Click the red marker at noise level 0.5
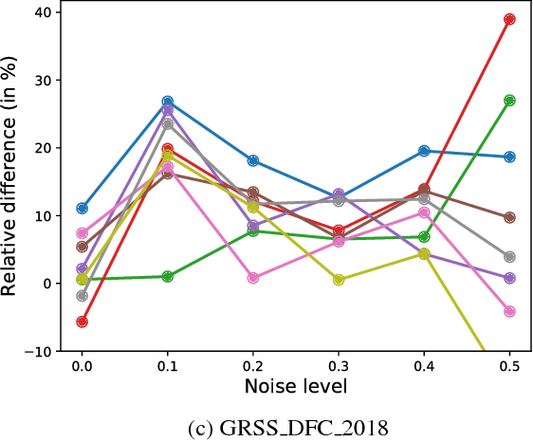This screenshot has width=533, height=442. coord(509,19)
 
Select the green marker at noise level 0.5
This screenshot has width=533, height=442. coord(509,101)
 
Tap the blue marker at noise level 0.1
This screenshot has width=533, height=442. coord(168,101)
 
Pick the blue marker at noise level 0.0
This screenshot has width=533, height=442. coord(83,208)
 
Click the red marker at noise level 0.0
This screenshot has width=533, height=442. coord(83,322)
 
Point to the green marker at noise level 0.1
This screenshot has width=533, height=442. coord(168,276)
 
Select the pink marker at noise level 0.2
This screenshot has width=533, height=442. coord(253,278)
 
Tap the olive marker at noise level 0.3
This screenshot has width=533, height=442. coord(339,280)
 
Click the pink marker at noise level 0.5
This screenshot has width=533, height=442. coord(509,311)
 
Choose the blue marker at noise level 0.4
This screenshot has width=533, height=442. coord(424,151)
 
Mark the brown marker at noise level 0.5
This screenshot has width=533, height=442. coord(509,217)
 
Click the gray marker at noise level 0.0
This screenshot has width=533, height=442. coord(83,296)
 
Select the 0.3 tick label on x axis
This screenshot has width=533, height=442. coord(339,365)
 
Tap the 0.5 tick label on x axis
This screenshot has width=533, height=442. coord(509,365)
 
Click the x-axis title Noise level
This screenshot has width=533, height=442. coord(296,385)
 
